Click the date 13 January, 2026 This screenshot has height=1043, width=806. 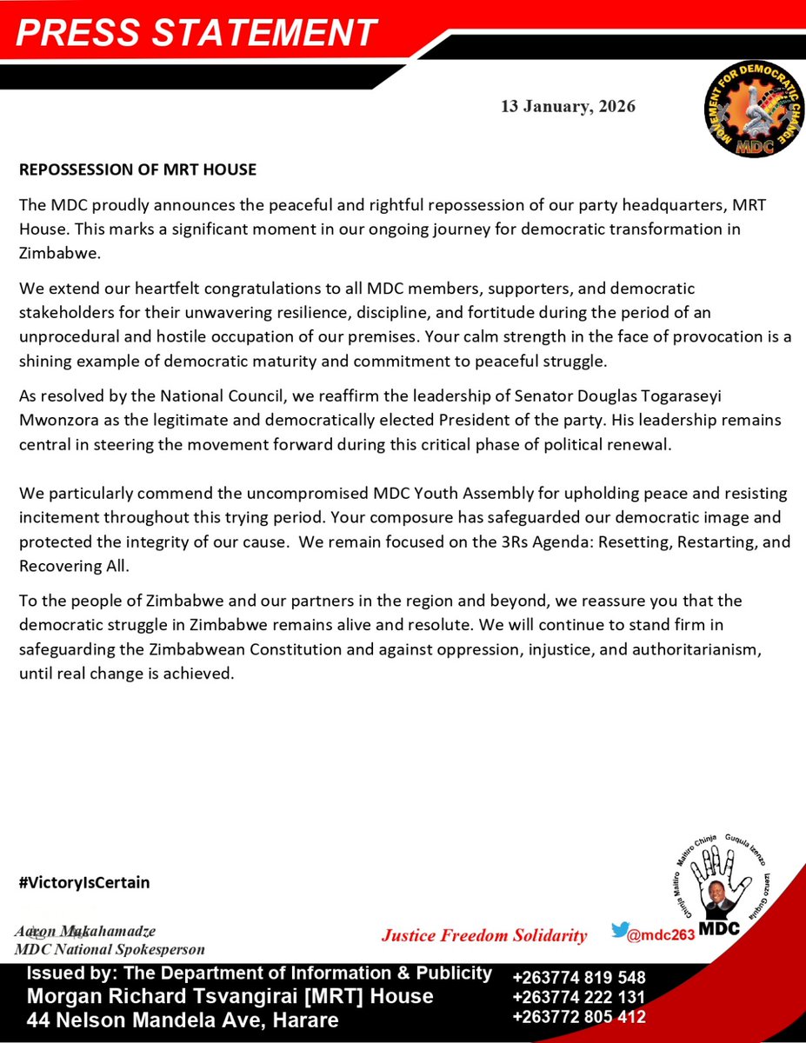[568, 107]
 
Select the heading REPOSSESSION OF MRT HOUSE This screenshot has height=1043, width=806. [137, 169]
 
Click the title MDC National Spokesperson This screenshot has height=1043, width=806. [110, 949]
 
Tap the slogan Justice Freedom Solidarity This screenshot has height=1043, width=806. [484, 936]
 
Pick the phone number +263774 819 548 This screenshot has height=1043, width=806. [579, 978]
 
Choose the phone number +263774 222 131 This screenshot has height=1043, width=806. [579, 997]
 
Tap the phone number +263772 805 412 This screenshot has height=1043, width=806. [579, 1016]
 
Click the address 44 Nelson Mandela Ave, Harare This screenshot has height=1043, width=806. [183, 1020]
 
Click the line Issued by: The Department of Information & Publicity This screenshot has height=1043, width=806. [260, 973]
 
